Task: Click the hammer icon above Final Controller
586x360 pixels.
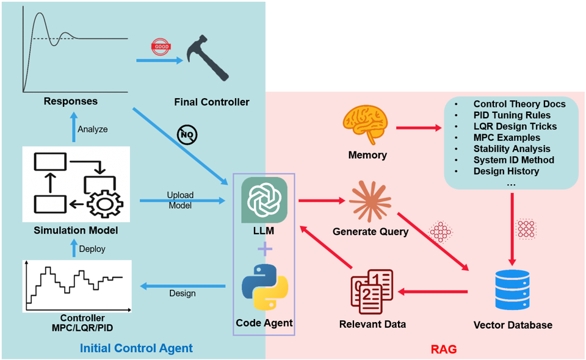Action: point(209,59)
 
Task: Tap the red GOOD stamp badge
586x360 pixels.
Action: point(160,48)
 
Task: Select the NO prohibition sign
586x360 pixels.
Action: point(187,135)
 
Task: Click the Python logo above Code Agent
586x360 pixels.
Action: point(264,287)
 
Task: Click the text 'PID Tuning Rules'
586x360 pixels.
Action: point(512,115)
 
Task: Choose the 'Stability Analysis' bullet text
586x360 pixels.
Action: point(512,149)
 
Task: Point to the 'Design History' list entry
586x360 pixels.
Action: point(506,171)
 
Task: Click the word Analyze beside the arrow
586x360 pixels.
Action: point(93,129)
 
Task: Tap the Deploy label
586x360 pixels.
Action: point(92,249)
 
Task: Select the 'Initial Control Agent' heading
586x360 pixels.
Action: point(136,349)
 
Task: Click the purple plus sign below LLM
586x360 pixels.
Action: point(264,249)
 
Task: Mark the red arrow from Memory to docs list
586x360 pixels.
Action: point(419,128)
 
